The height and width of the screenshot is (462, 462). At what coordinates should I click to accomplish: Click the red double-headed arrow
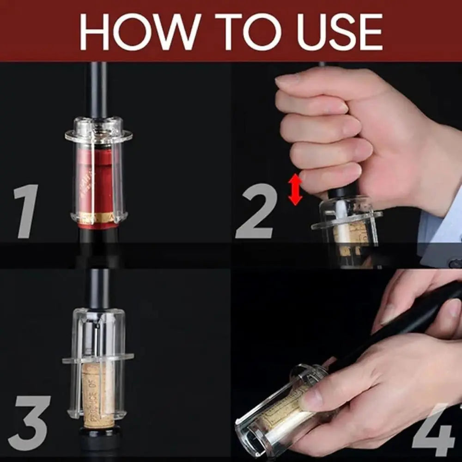[295, 189]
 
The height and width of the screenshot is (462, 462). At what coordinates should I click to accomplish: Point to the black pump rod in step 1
[98, 90]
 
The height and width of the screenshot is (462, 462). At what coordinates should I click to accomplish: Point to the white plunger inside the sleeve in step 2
[340, 210]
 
